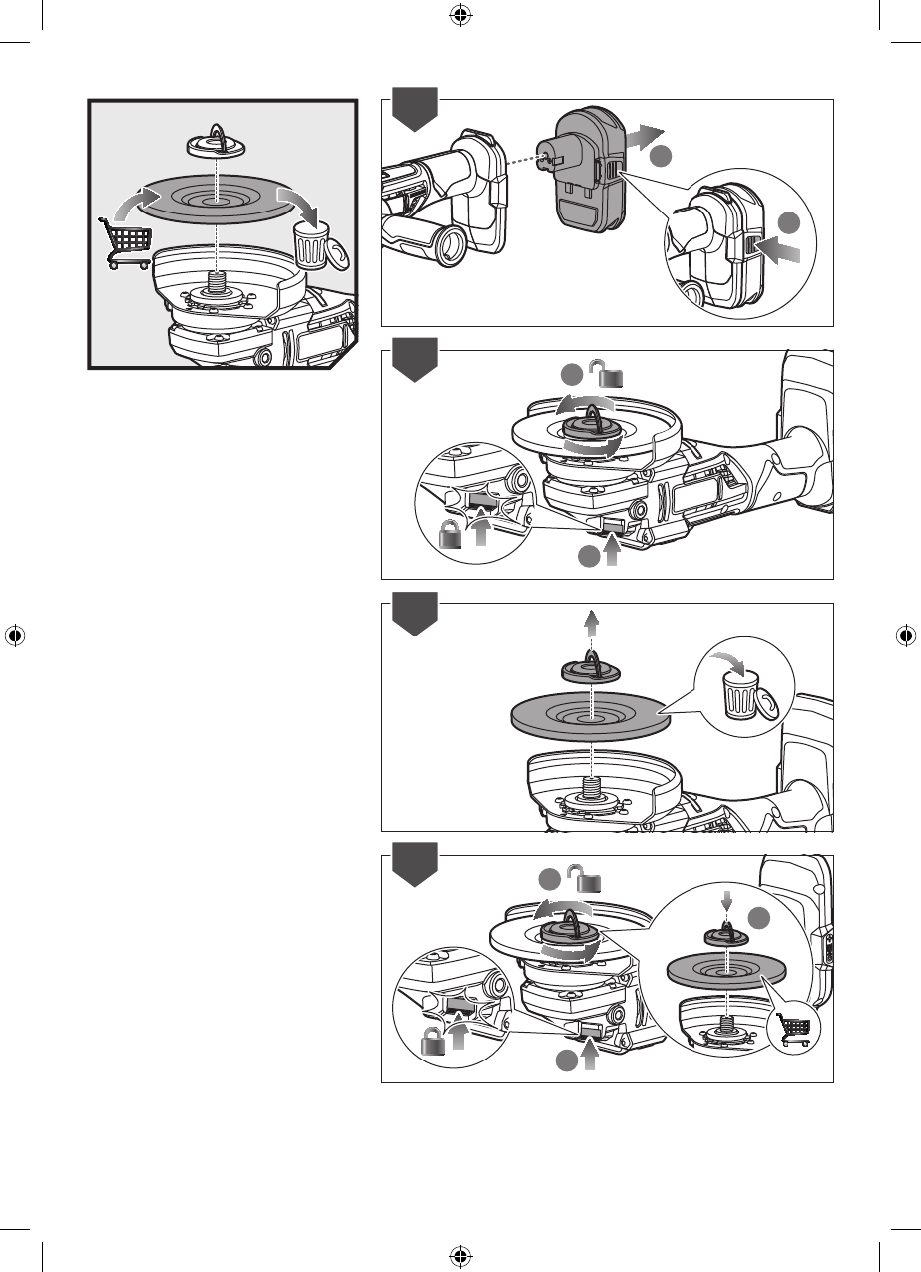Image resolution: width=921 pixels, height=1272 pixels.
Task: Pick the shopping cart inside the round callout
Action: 794,1029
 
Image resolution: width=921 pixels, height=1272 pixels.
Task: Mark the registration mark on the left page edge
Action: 15,635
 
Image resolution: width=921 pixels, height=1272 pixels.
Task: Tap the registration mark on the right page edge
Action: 905,635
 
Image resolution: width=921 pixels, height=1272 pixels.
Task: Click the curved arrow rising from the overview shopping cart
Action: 124,204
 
